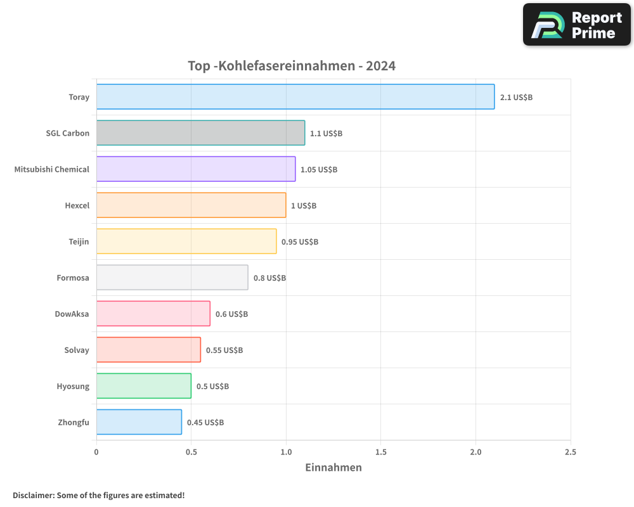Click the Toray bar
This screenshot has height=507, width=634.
pyautogui.click(x=295, y=97)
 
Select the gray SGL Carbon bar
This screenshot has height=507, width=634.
pyautogui.click(x=200, y=133)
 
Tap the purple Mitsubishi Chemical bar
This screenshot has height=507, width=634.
pyautogui.click(x=196, y=169)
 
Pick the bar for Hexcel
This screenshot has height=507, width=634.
pyautogui.click(x=191, y=205)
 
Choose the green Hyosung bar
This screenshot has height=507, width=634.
pyautogui.click(x=144, y=386)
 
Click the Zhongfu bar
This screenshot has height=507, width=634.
pyautogui.click(x=139, y=422)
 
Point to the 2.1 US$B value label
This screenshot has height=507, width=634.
pyautogui.click(x=516, y=98)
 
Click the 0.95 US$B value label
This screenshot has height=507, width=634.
pyautogui.click(x=300, y=242)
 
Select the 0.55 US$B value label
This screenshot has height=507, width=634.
pyautogui.click(x=224, y=350)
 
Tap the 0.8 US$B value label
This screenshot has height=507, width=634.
pyautogui.click(x=269, y=278)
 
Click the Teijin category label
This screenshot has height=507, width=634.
pyautogui.click(x=79, y=241)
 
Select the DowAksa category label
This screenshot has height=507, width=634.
pyautogui.click(x=72, y=314)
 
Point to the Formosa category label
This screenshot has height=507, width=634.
pyautogui.click(x=73, y=278)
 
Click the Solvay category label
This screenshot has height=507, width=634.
pyautogui.click(x=77, y=350)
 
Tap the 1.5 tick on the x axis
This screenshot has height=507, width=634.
pyautogui.click(x=380, y=452)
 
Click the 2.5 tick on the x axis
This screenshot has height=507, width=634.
pyautogui.click(x=570, y=452)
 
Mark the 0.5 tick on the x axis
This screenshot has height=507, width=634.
pyautogui.click(x=191, y=452)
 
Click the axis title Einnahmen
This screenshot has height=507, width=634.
pyautogui.click(x=333, y=468)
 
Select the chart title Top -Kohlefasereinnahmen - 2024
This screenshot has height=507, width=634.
pyautogui.click(x=292, y=66)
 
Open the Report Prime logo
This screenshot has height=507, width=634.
pyautogui.click(x=576, y=25)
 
